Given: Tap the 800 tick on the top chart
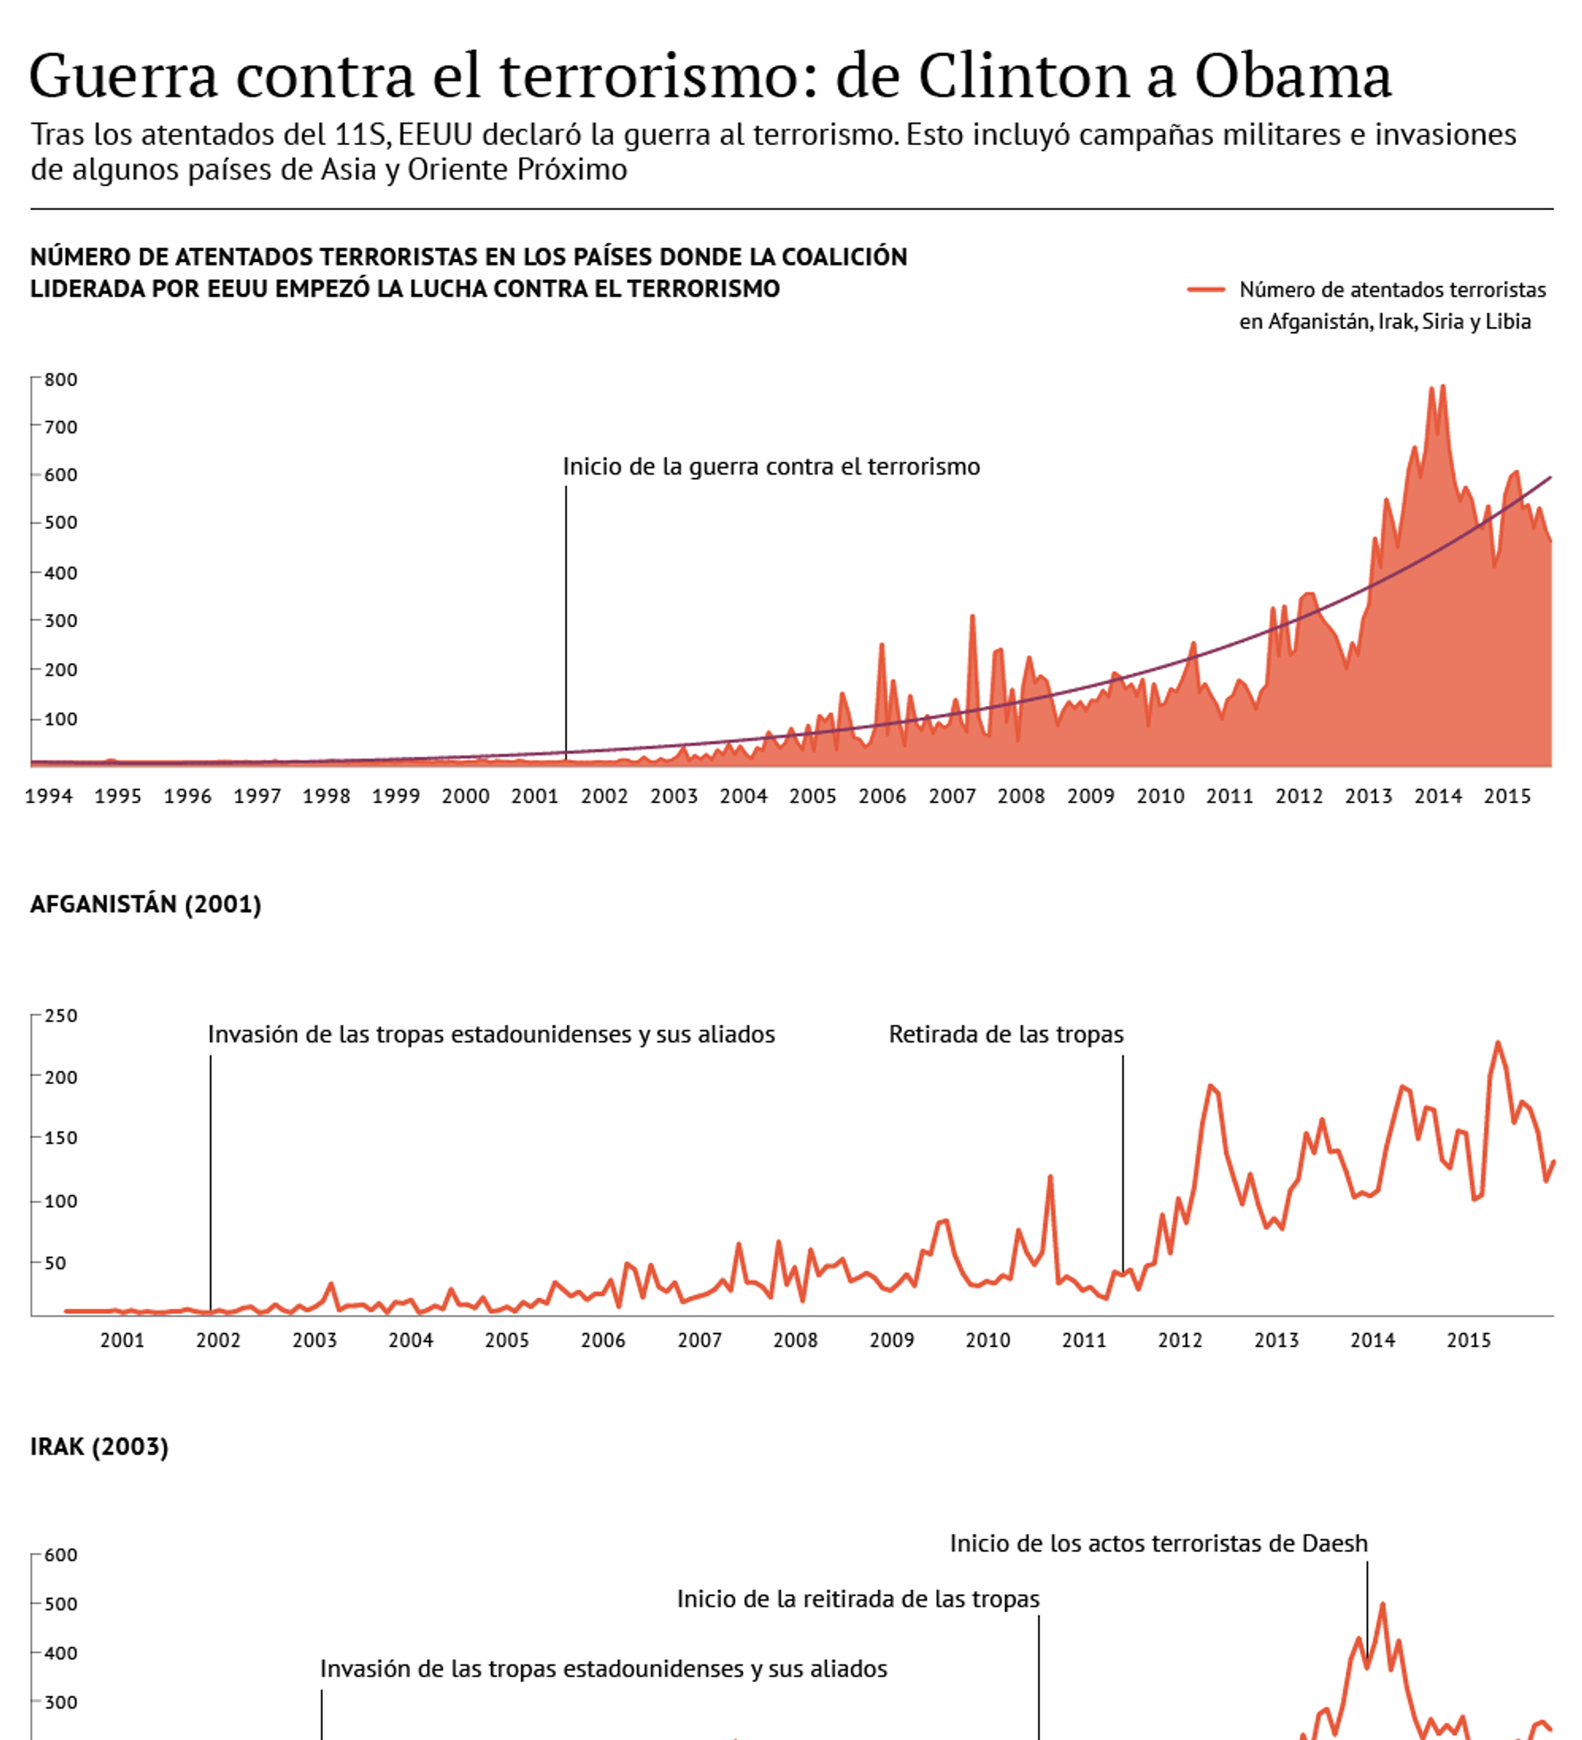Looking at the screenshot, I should pos(60,380).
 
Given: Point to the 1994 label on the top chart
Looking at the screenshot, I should pos(49,796).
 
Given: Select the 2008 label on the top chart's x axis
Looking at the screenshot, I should pos(1021,796).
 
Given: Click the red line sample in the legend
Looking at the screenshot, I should pos(1205,290).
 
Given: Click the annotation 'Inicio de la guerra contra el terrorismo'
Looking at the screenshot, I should pos(770,467).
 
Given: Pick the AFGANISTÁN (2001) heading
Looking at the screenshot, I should pos(145,904).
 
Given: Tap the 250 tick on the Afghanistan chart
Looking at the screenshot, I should pos(60,1016).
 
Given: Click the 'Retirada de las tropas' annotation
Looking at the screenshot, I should pos(1005,1034).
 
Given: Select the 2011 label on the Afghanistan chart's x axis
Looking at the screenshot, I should pos(1084,1340).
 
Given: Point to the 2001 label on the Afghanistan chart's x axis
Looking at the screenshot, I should pos(122,1340).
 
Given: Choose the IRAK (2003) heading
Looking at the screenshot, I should pos(99,1447).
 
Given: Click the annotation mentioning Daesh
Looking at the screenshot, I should pos(1158,1543).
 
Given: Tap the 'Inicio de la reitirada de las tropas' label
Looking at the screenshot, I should pos(858,1599).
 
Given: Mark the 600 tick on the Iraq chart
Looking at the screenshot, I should pos(60,1555).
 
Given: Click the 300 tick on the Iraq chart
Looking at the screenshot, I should pos(60,1703).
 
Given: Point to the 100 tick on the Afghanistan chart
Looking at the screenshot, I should pos(60,1201).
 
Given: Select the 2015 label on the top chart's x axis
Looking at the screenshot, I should pos(1507,796).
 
